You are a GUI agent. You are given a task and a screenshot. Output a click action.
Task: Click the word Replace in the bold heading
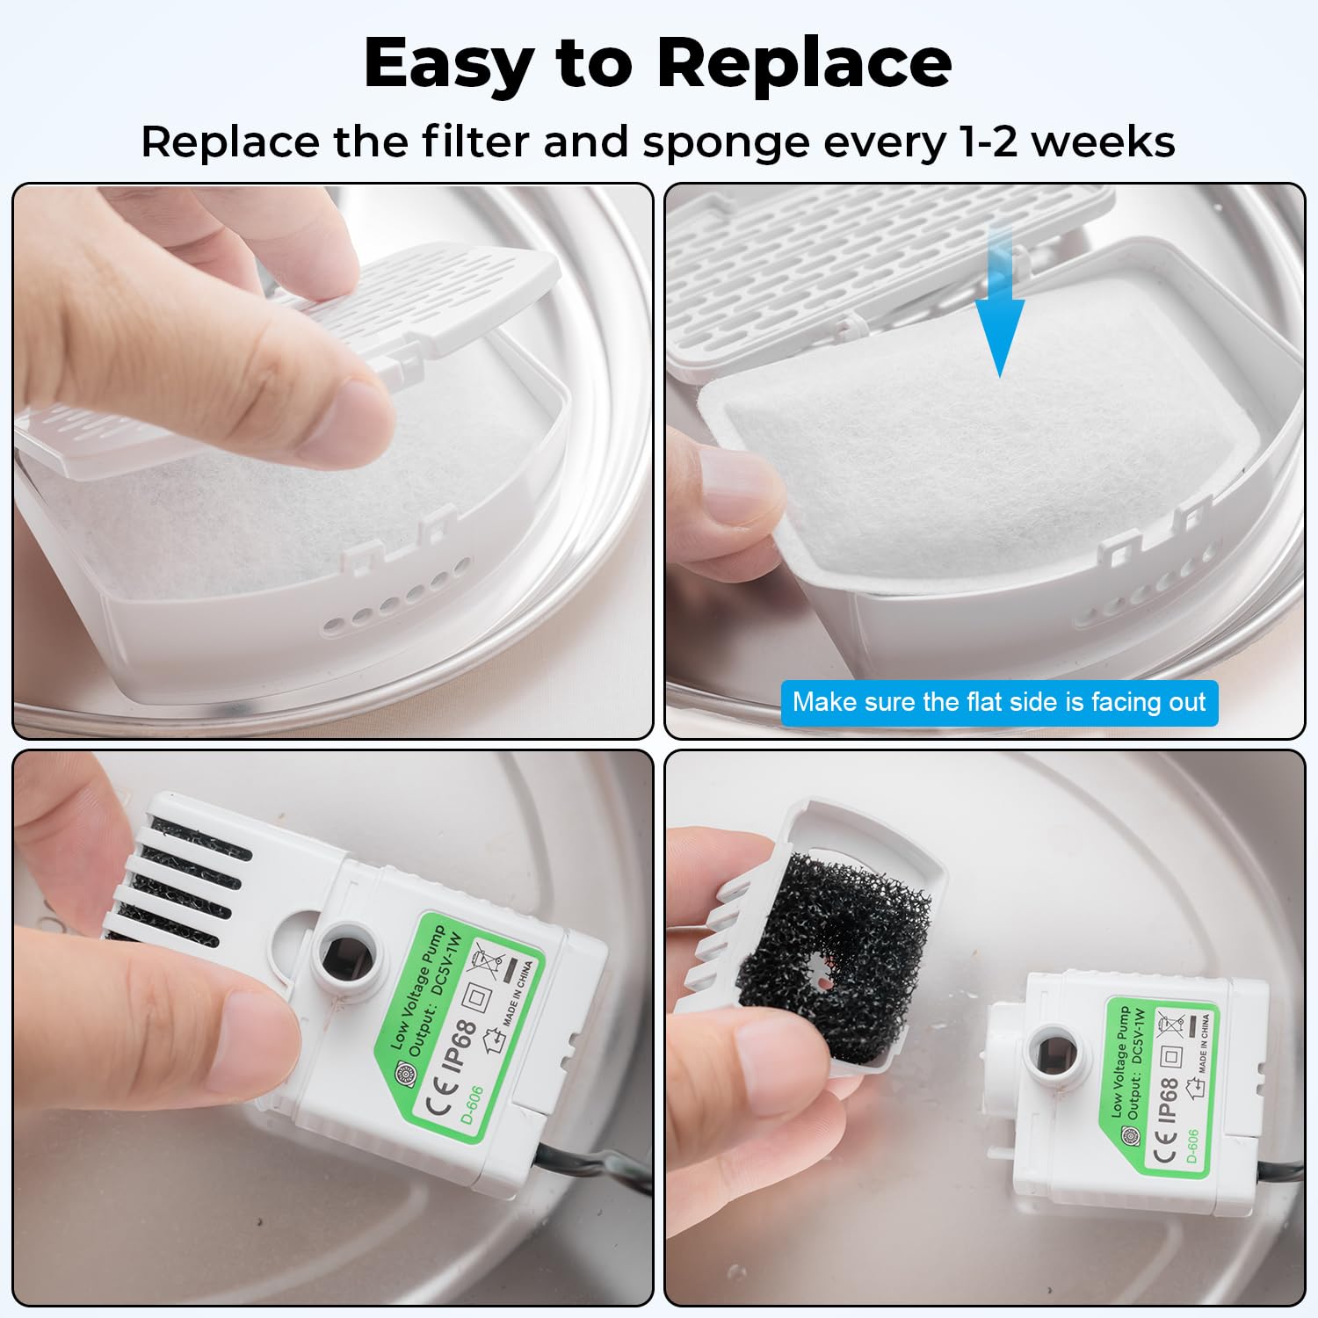click(x=804, y=63)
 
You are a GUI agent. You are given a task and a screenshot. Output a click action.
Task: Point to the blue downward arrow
click(x=1000, y=299)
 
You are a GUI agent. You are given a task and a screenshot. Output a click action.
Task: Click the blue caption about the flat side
click(x=999, y=702)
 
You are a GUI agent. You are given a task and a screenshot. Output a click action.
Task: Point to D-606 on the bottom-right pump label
click(x=1192, y=1146)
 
